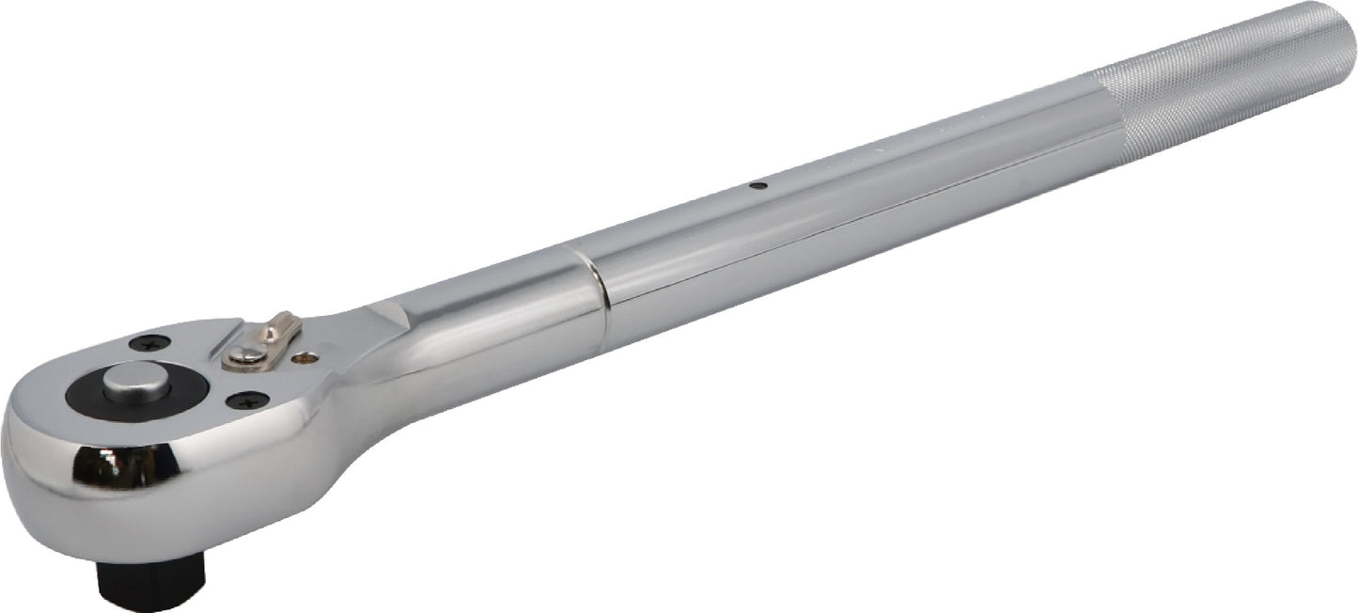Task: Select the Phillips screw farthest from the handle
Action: click(x=150, y=343)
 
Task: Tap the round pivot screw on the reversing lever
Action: click(x=244, y=354)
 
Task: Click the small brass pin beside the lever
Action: click(x=302, y=358)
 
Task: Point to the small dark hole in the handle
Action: click(x=763, y=185)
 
